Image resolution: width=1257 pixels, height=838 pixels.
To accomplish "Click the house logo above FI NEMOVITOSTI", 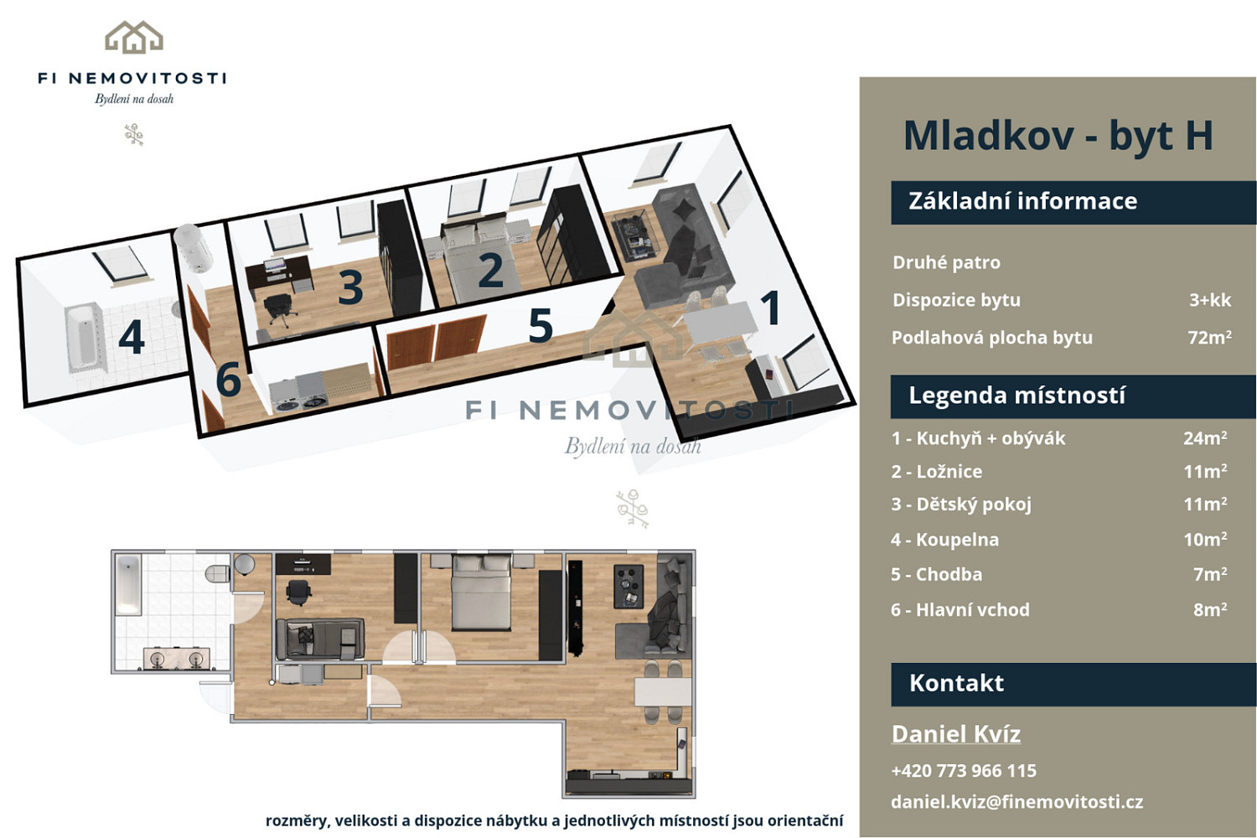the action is tap(134, 37).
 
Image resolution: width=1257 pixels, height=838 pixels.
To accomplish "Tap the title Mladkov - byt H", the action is tap(1058, 135).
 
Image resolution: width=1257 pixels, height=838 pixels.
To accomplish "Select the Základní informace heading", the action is tap(1022, 201).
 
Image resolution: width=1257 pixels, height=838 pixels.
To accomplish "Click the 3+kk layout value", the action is tap(1210, 300).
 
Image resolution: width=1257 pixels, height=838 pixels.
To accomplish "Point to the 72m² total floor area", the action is tap(1209, 337).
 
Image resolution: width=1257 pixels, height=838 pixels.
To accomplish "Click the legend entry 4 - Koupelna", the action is tap(945, 540).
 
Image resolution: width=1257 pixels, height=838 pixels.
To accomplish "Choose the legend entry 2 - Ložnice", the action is tap(937, 472).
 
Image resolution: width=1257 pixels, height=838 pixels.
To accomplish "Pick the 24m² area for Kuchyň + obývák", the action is tap(1205, 437).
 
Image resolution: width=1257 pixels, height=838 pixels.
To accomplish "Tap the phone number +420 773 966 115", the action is tap(964, 771).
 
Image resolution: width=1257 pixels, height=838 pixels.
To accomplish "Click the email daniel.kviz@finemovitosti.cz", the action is tap(1016, 801).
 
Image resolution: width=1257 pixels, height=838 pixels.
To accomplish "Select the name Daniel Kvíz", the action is tap(955, 733).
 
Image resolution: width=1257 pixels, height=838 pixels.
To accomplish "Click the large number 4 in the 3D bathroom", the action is tap(132, 338).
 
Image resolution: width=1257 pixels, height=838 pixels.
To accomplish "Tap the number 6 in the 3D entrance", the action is tap(229, 379).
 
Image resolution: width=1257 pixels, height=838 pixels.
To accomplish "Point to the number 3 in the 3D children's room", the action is tap(351, 287).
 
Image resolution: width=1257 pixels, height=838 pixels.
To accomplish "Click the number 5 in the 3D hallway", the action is tap(541, 325).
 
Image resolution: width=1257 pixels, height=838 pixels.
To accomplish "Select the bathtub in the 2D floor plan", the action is tap(128, 585).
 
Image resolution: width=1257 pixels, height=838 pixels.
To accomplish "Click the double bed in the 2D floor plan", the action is tap(482, 592).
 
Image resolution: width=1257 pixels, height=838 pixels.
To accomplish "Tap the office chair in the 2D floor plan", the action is tap(298, 592).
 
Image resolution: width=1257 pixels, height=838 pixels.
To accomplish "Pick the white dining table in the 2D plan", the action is tap(663, 691).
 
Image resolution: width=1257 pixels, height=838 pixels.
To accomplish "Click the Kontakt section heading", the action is tap(956, 683).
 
